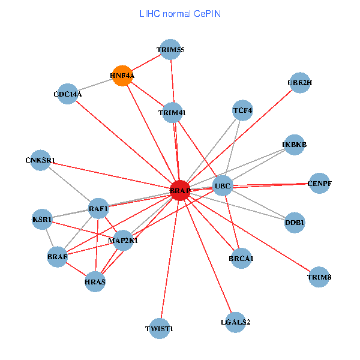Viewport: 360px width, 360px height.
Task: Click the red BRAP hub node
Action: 180,190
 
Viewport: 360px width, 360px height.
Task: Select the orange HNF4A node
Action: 122,76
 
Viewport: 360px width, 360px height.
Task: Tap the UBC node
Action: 223,186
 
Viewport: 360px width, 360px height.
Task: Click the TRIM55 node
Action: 170,50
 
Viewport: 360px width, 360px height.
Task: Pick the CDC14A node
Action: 68,94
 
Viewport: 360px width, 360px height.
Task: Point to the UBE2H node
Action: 299,82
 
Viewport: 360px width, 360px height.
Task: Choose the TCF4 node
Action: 243,110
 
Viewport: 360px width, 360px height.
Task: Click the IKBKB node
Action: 294,145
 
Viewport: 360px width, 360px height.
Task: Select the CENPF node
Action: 319,183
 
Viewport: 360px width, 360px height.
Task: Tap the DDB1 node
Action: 295,223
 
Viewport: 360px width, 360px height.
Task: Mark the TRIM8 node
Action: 319,277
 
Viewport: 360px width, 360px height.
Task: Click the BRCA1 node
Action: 241,259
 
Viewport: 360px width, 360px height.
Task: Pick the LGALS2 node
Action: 236,322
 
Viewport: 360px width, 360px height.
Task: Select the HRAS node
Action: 95,281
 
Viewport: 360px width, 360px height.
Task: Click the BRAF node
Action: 58,257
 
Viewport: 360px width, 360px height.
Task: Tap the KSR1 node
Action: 42,220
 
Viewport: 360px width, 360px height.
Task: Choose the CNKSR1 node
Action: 40,160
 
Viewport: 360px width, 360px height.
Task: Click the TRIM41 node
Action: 172,113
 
